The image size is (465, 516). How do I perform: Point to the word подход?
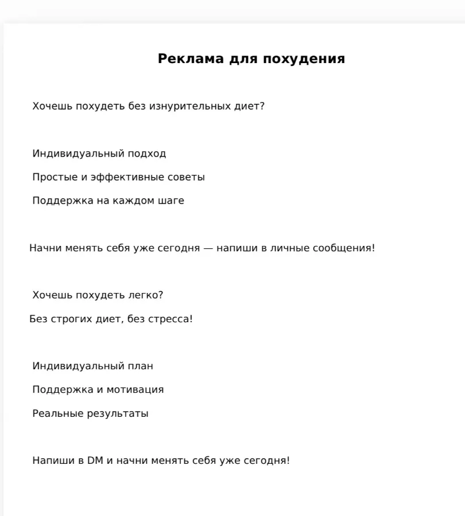pyautogui.click(x=147, y=154)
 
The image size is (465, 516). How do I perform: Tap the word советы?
pyautogui.click(x=186, y=177)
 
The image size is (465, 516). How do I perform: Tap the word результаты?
pyautogui.click(x=118, y=413)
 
